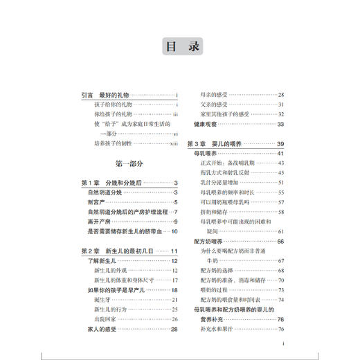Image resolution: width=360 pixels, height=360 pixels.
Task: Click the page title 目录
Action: click(180, 47)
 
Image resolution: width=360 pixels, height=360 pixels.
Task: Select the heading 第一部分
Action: click(129, 164)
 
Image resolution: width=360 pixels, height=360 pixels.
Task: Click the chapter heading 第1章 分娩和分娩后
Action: click(111, 182)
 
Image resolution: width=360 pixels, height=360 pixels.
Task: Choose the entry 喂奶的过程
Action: click(215, 291)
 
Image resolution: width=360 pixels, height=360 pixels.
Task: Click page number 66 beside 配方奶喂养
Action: click(281, 241)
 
